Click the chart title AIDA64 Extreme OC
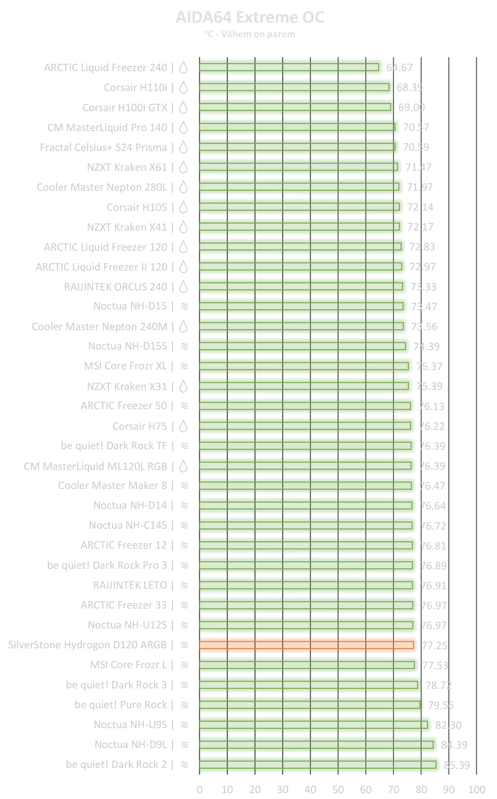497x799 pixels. tap(250, 17)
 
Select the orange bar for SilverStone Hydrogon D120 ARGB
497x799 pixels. tap(306, 645)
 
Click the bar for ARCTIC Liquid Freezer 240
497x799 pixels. tap(289, 67)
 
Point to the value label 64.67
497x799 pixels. tap(400, 68)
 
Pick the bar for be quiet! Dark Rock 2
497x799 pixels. tap(317, 765)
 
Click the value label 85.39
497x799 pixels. tap(457, 765)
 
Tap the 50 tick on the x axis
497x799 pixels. tap(338, 789)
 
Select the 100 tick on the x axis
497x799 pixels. tap(476, 789)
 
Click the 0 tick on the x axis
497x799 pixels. tap(199, 789)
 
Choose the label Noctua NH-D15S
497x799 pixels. tap(127, 346)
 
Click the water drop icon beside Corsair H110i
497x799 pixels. tap(184, 87)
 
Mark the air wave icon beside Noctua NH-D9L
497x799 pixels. tap(184, 744)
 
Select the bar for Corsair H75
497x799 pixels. tap(305, 426)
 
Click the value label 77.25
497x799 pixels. tap(434, 646)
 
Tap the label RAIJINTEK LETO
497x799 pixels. tap(130, 585)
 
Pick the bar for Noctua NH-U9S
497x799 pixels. tap(313, 725)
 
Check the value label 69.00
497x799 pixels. tap(412, 108)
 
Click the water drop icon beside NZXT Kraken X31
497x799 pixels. tap(184, 386)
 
